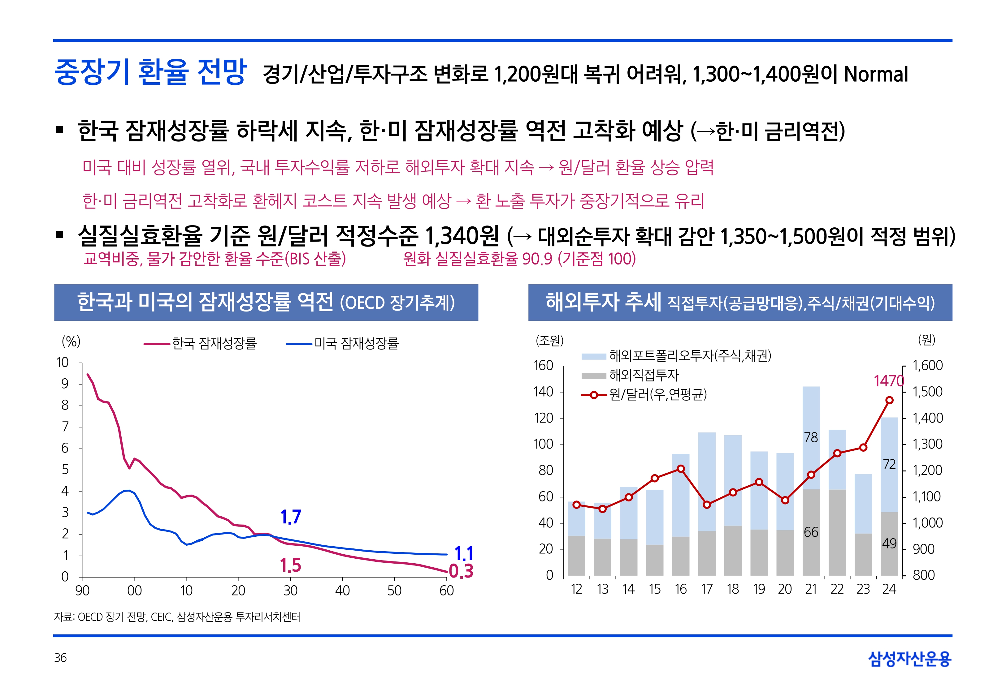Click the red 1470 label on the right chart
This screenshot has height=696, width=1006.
tap(889, 381)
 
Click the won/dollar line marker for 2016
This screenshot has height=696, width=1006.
tap(681, 469)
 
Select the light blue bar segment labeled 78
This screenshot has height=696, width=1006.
tap(811, 437)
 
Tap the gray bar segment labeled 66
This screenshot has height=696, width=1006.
tap(811, 532)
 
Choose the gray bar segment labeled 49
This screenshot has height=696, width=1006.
tap(889, 544)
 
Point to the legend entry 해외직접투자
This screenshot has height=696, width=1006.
tap(644, 375)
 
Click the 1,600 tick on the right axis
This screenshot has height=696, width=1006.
tap(927, 365)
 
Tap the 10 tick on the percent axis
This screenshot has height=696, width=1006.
tap(63, 363)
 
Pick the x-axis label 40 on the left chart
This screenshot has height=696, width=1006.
tap(342, 591)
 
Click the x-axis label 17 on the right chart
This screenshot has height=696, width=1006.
tap(707, 590)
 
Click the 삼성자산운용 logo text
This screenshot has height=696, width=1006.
tap(910, 659)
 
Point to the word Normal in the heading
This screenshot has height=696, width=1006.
tap(876, 74)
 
